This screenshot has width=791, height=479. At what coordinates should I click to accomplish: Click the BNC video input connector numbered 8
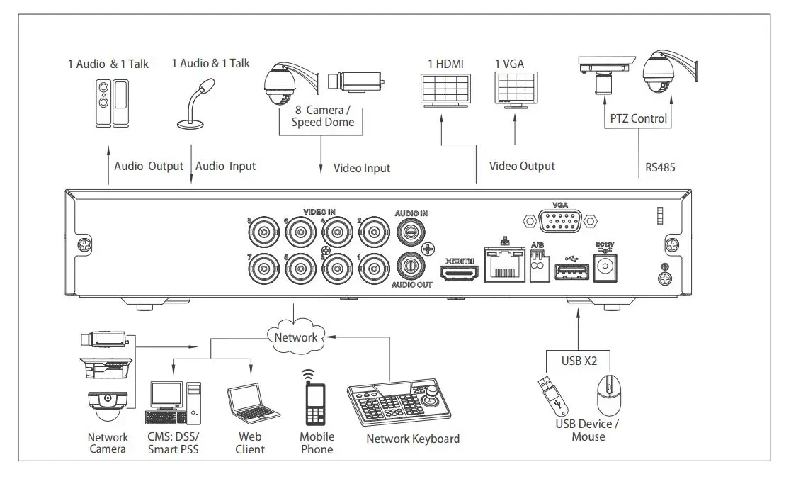click(263, 232)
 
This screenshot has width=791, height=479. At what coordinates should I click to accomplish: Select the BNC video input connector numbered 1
click(374, 269)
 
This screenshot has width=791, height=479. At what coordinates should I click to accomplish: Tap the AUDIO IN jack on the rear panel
click(411, 232)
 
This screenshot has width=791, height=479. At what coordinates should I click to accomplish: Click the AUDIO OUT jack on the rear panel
click(411, 266)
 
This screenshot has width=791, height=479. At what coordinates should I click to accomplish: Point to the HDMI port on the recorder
click(459, 273)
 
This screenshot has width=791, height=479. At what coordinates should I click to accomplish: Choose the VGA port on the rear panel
click(560, 221)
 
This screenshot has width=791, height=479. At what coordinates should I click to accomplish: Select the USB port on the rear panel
click(571, 271)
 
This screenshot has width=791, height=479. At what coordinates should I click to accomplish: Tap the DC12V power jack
click(605, 266)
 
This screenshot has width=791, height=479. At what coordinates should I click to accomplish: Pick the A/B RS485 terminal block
click(540, 266)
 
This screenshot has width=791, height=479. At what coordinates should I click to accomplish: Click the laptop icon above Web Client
click(252, 404)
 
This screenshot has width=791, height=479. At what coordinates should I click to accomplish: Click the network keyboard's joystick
click(432, 395)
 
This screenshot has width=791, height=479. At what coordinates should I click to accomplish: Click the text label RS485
click(660, 167)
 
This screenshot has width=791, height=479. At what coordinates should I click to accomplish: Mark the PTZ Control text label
click(638, 118)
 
